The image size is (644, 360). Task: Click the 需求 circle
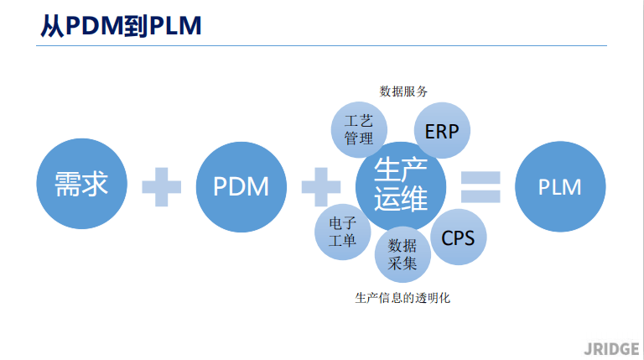[81, 183]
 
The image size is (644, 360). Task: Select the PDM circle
[241, 187]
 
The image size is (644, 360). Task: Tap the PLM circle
[560, 186]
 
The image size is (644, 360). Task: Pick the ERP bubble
[442, 130]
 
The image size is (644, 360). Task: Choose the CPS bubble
[459, 237]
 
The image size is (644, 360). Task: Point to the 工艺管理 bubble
[359, 130]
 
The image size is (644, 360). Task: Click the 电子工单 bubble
[342, 232]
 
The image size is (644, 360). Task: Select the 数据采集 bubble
[402, 254]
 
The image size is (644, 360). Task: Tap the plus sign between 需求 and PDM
[161, 187]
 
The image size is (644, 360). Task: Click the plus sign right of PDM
[321, 187]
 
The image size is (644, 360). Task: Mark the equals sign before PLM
[480, 187]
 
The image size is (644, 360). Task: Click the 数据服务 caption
[403, 91]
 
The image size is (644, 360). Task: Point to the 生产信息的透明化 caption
[402, 298]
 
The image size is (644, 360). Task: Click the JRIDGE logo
[611, 349]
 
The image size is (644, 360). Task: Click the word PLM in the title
[175, 25]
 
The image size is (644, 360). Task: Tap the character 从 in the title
[53, 26]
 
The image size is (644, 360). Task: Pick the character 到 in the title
[136, 26]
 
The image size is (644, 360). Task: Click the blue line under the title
[322, 45]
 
